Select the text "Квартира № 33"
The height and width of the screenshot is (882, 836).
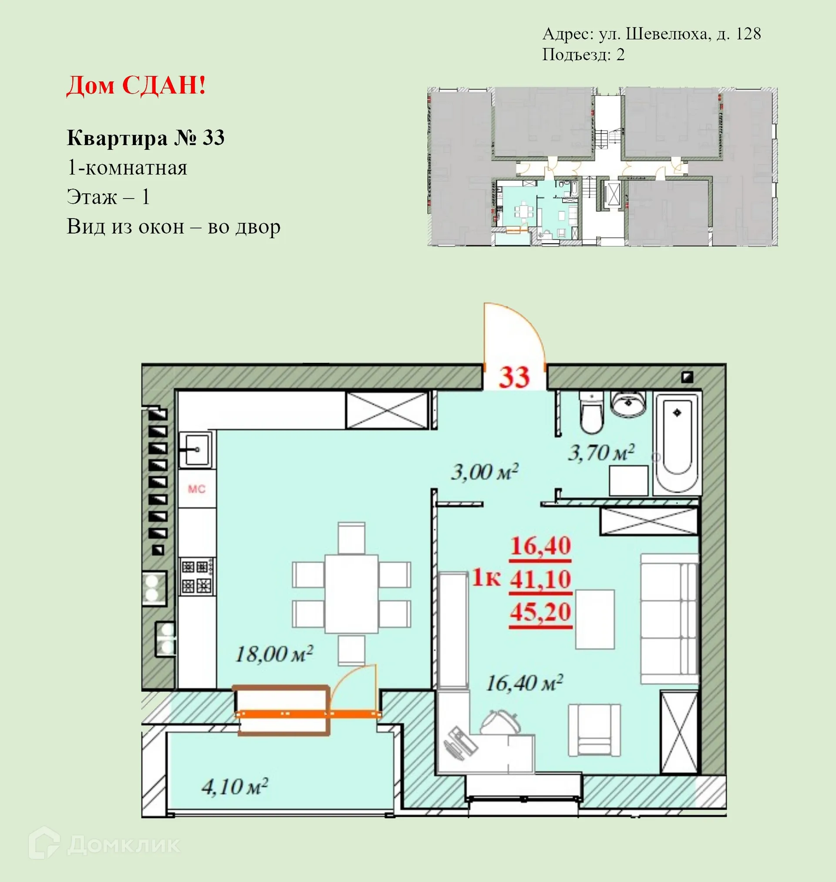click(145, 138)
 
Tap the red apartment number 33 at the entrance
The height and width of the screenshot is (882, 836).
click(514, 377)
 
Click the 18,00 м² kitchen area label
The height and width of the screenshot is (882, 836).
click(273, 654)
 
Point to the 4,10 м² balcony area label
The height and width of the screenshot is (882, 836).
click(234, 787)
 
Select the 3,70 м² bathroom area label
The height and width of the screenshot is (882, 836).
click(600, 453)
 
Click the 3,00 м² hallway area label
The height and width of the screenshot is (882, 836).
click(484, 472)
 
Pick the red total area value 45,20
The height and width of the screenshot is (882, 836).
click(540, 612)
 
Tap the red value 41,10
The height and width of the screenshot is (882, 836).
click(540, 579)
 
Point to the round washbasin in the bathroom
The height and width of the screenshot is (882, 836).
click(628, 404)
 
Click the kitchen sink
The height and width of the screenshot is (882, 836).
click(196, 449)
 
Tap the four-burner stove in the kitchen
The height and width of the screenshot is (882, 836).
click(197, 576)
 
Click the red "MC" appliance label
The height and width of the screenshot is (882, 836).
click(196, 490)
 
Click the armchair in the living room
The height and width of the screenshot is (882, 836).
click(594, 730)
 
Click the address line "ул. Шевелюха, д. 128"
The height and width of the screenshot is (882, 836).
click(680, 34)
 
